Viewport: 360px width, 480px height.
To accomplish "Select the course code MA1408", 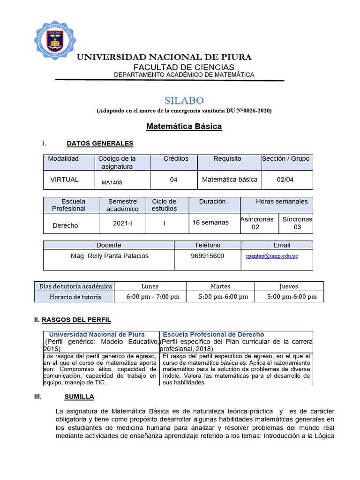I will click(x=112, y=182).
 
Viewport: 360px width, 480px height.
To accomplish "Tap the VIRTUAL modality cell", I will click(x=64, y=180).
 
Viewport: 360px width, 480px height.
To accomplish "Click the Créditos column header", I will click(x=176, y=159).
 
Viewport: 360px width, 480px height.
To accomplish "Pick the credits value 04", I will click(x=173, y=180).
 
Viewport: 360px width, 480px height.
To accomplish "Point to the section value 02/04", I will click(x=285, y=180).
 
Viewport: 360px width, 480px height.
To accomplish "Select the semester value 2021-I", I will click(x=122, y=223).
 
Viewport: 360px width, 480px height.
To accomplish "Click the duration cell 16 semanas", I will click(x=210, y=222).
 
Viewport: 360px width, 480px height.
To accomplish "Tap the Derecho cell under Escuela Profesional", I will click(x=65, y=225).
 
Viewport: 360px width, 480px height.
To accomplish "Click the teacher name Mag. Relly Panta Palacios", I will click(x=109, y=256).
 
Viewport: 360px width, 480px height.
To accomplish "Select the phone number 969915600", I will click(x=208, y=256).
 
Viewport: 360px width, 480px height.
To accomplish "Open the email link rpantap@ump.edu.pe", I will click(x=272, y=256).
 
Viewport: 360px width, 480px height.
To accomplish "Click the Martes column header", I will click(x=220, y=286).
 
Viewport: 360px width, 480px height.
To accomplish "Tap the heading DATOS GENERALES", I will click(x=100, y=143).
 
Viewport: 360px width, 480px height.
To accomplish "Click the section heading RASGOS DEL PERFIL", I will click(x=76, y=320).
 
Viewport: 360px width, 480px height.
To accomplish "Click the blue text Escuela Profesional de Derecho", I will click(x=213, y=335).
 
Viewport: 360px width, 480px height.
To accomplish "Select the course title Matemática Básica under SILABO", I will click(x=184, y=126).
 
